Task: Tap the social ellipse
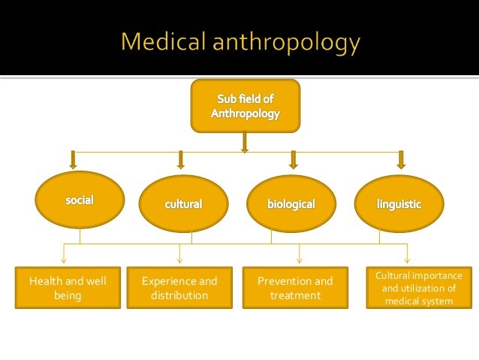pyautogui.click(x=78, y=199)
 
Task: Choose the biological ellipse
pyautogui.click(x=291, y=204)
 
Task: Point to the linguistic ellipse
pyautogui.click(x=399, y=204)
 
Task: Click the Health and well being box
pyautogui.click(x=67, y=288)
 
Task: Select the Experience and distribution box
pyautogui.click(x=179, y=288)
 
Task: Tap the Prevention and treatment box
pyautogui.click(x=295, y=288)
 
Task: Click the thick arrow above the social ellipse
pyautogui.click(x=73, y=159)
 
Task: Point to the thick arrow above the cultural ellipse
pyautogui.click(x=180, y=159)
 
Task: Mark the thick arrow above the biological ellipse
pyautogui.click(x=294, y=159)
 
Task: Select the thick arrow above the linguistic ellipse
pyautogui.click(x=401, y=159)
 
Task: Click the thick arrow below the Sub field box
pyautogui.click(x=244, y=141)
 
